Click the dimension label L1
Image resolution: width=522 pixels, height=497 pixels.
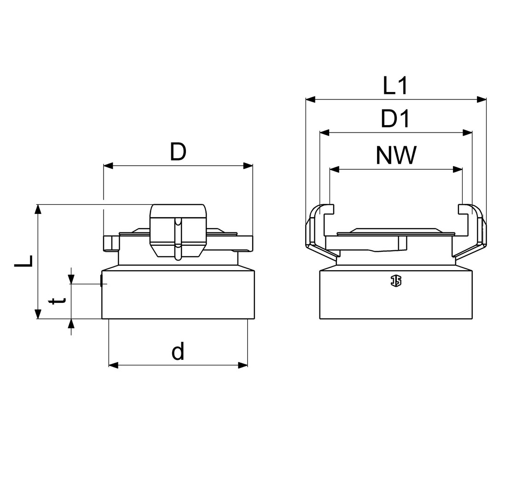coord(395,86)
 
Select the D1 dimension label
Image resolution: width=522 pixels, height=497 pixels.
coord(395,119)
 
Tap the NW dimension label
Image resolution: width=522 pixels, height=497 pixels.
coord(396,155)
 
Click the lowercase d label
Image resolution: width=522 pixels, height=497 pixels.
coord(178,352)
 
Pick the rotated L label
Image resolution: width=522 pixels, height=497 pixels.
coord(23,261)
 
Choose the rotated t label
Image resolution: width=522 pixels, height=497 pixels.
coord(57,301)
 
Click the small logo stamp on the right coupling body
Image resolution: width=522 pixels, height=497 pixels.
coord(396,281)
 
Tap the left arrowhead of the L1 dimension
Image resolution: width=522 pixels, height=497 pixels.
coord(310,99)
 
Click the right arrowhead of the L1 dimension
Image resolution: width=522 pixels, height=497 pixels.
coord(481,99)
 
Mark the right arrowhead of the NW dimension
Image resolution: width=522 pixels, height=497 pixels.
coord(458,170)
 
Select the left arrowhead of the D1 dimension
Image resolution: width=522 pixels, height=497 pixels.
coord(325,133)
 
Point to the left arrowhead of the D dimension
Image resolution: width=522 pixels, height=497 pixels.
coord(109,166)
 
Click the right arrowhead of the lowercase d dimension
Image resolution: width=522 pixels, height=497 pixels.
coord(243,365)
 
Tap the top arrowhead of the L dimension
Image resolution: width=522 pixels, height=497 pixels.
coord(38,209)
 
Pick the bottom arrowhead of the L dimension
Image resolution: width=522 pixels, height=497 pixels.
coord(38,314)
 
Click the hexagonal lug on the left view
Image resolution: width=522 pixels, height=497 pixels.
coord(178,231)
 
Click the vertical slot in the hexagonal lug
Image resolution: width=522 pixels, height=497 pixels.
coord(179,238)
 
